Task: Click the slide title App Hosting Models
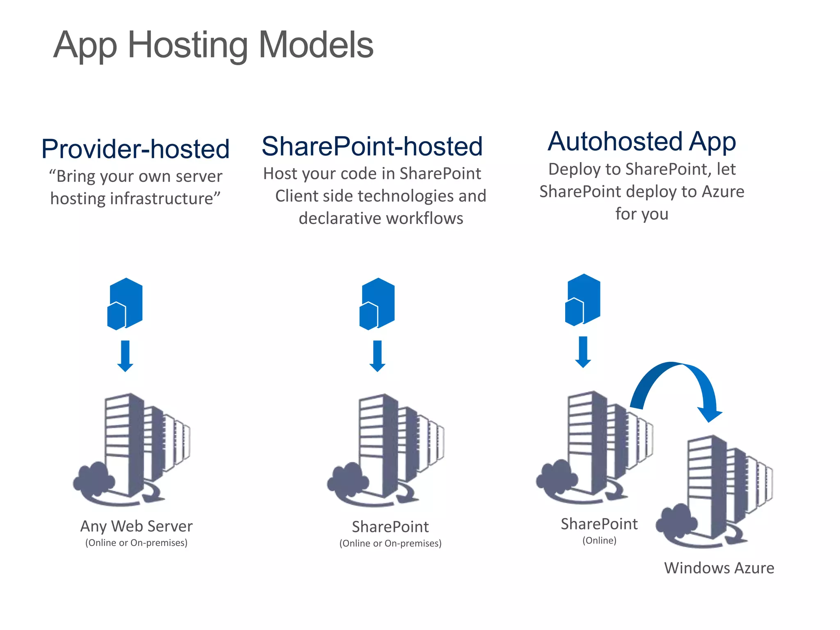point(213,45)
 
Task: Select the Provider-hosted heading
point(135,148)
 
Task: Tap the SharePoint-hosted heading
point(372,146)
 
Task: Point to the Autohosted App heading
point(641,142)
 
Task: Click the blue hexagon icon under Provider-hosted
point(125,304)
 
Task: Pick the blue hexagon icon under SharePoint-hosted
point(377,304)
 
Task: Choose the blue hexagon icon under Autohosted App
point(583,300)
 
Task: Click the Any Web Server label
point(136,526)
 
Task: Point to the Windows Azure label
point(719,568)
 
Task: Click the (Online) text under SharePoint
point(599,541)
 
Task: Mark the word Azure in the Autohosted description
point(723,192)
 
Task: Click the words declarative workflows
point(381,219)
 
